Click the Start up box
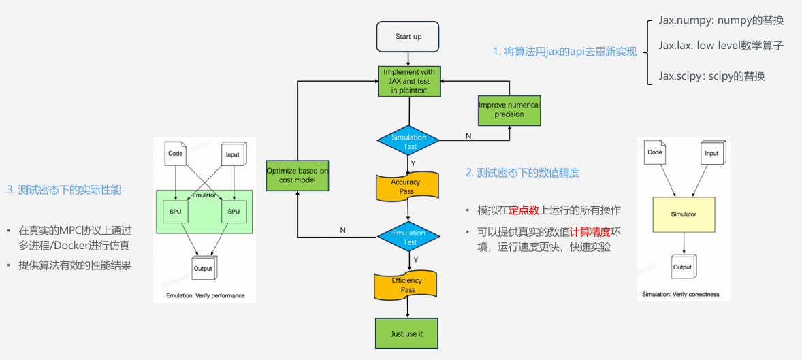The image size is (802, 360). coord(408,37)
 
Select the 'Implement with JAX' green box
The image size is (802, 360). coord(409,82)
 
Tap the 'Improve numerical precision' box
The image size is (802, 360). coord(509,110)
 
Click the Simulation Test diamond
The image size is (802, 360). coord(408,141)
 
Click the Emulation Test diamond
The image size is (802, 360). coord(408,237)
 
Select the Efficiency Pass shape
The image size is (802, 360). coord(407,285)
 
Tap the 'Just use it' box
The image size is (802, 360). coord(406,333)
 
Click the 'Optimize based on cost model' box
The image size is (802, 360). coord(297,175)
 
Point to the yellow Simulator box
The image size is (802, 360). coord(683,214)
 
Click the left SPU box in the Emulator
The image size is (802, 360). coord(176,212)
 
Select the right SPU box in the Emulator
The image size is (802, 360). coord(234,212)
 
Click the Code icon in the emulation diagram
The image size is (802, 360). coord(176,154)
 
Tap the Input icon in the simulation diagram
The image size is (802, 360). coord(711,154)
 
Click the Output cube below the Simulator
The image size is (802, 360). coord(682,267)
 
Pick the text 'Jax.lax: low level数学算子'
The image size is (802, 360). coord(721,46)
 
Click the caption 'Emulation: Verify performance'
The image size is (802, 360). coord(205,296)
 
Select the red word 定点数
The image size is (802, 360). coord(524,210)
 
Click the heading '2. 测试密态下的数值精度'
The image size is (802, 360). coord(522,173)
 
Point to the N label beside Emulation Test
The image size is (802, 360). coord(342,230)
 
